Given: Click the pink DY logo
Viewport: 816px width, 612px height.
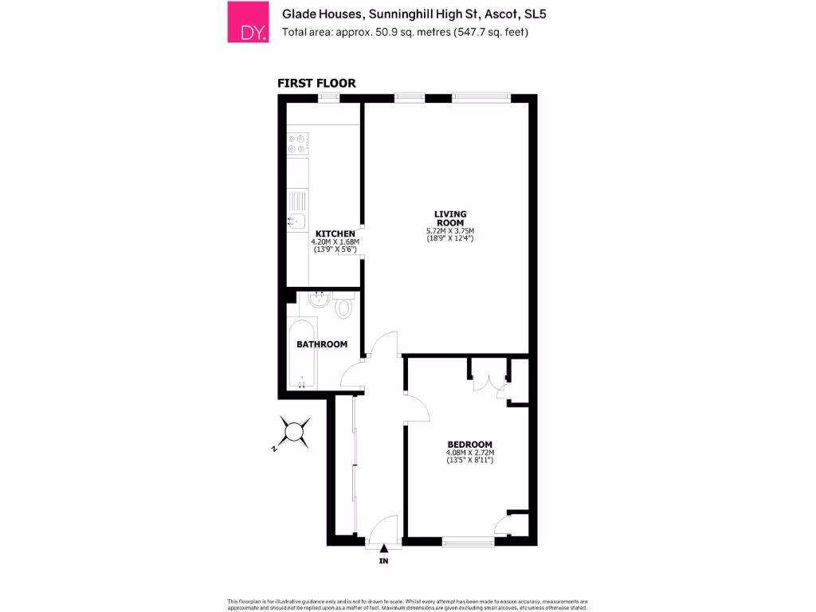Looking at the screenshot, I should click(247, 22).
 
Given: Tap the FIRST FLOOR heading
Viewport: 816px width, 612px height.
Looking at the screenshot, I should click(316, 83).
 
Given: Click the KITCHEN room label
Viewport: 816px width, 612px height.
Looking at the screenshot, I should click(335, 233).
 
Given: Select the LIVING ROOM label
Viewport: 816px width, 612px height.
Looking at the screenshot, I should click(450, 218).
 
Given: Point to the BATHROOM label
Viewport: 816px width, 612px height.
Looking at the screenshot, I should click(322, 344).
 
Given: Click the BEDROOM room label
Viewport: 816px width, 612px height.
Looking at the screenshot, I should click(469, 445).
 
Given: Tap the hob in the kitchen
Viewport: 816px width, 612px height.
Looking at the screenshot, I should click(297, 143).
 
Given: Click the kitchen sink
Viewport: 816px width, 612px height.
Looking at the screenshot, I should click(296, 221).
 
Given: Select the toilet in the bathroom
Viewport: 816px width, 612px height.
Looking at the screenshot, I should click(345, 307).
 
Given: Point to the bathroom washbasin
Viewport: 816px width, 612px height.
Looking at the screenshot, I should click(319, 300).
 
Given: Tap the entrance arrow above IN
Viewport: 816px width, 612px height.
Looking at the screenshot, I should click(384, 547).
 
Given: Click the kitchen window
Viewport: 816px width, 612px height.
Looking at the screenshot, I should click(328, 97).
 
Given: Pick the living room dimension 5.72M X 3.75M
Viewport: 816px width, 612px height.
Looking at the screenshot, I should click(450, 231).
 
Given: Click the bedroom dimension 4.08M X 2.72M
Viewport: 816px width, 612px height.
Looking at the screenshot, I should click(470, 454).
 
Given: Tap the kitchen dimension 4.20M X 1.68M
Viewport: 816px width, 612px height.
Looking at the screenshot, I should click(335, 242).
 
